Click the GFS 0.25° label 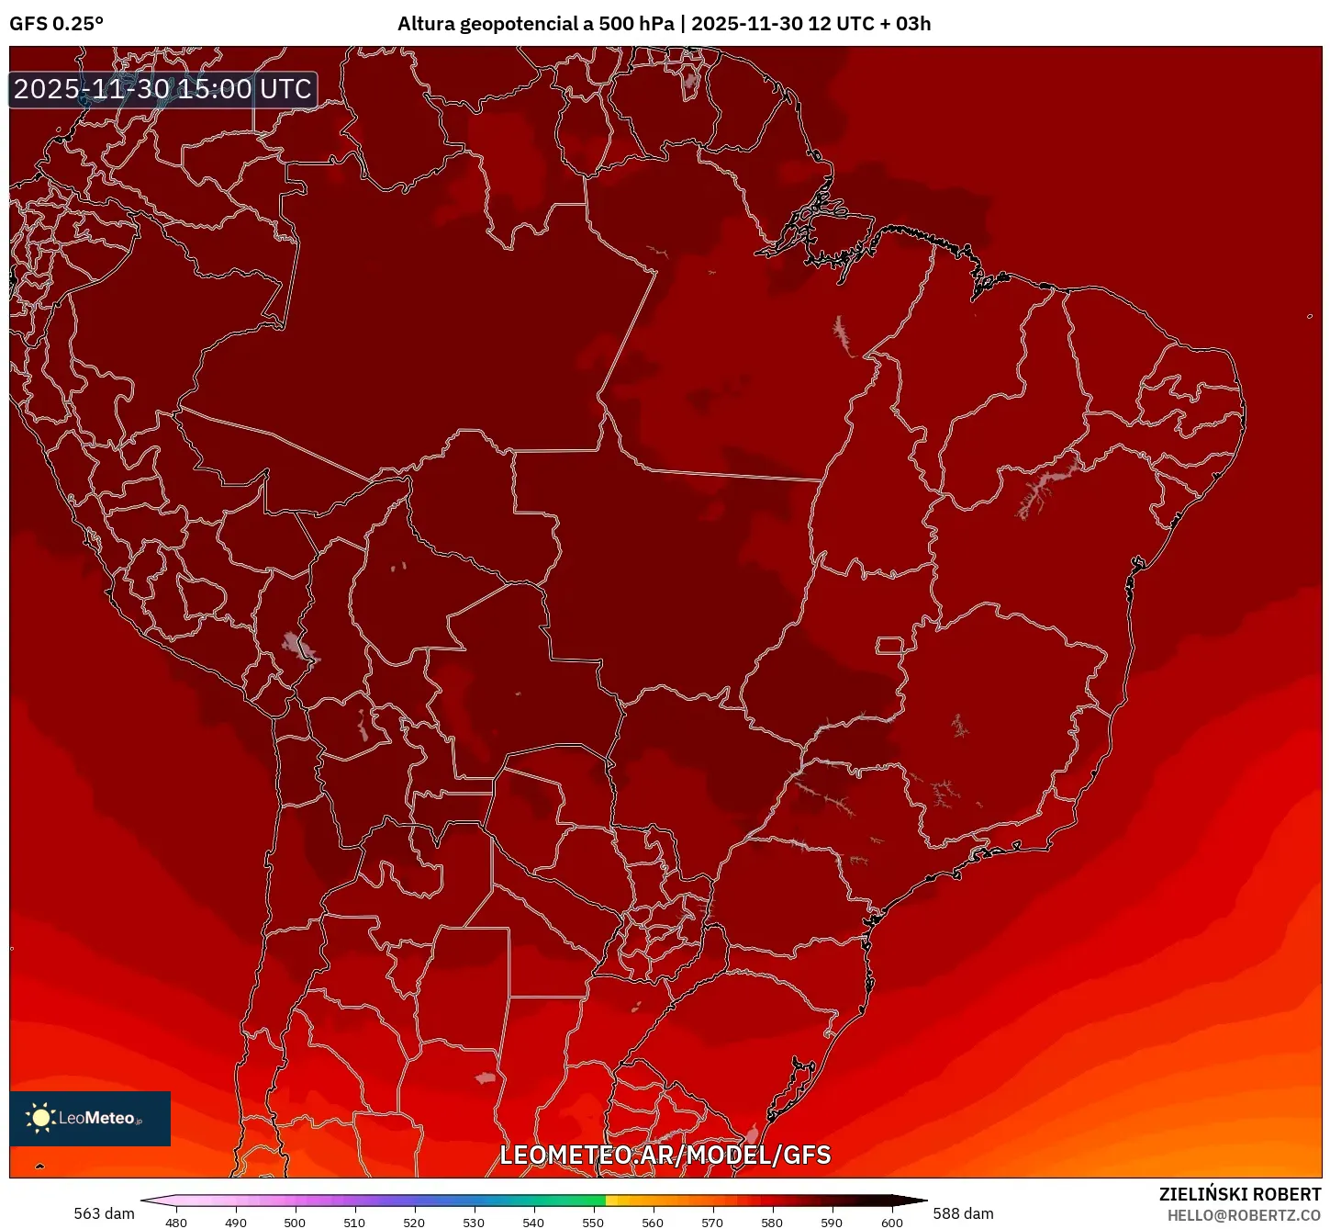(56, 24)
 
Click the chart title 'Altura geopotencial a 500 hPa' (536, 24)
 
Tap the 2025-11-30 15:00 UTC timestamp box (163, 90)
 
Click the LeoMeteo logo (90, 1118)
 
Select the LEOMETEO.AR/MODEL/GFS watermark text (665, 1155)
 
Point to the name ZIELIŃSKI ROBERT (1239, 1194)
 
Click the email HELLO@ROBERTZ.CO (1244, 1215)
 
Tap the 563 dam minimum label (104, 1213)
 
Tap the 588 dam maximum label (963, 1213)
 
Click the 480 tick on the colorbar (176, 1223)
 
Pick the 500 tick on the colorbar (295, 1223)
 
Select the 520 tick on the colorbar (414, 1223)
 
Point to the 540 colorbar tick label (533, 1223)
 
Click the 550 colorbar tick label (593, 1223)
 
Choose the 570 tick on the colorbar (712, 1223)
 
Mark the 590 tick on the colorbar (832, 1223)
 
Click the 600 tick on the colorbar (891, 1223)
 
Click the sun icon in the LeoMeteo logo (40, 1118)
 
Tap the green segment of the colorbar (578, 1201)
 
